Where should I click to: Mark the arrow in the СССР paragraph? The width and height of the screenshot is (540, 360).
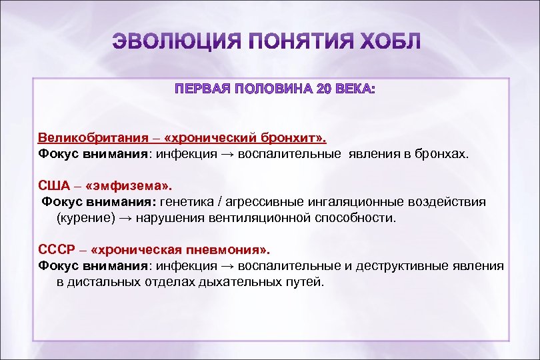pyautogui.click(x=227, y=266)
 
